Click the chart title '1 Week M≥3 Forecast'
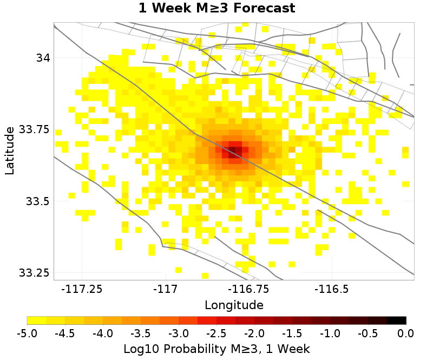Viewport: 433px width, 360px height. tap(216, 8)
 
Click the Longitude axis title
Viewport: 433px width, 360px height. tap(234, 305)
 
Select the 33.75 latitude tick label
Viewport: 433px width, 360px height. tap(34, 129)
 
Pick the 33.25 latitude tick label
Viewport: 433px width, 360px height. tap(34, 272)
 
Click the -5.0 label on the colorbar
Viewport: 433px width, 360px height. tap(27, 332)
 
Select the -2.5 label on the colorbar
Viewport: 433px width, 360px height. tap(216, 332)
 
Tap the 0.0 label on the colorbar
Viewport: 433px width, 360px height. tap(406, 332)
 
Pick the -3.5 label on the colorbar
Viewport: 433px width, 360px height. tap(141, 332)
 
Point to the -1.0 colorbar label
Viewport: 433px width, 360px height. tap(330, 332)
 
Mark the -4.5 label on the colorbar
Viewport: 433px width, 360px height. tap(65, 332)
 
